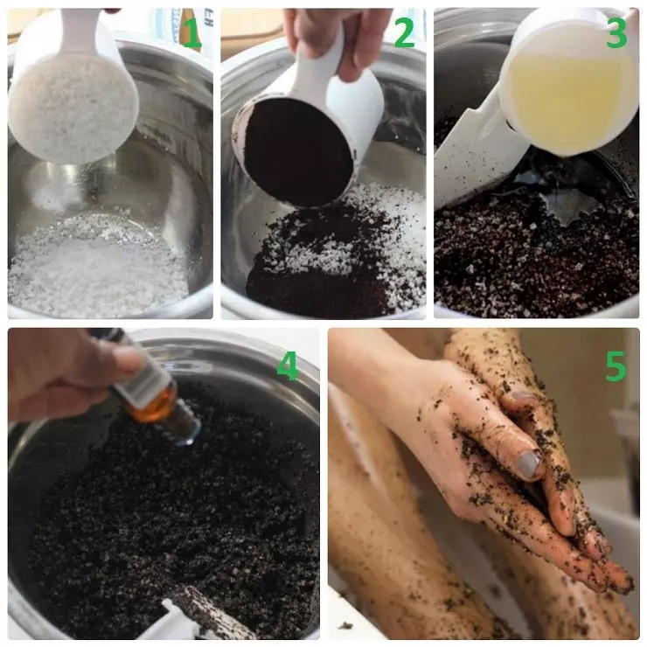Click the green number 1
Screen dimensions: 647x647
pyautogui.click(x=191, y=33)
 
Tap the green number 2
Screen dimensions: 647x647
pyautogui.click(x=404, y=32)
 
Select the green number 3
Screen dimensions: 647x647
pyautogui.click(x=616, y=32)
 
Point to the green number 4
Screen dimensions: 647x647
pyautogui.click(x=288, y=366)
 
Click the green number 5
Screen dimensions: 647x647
pyautogui.click(x=616, y=366)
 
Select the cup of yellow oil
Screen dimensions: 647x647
pyautogui.click(x=569, y=82)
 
